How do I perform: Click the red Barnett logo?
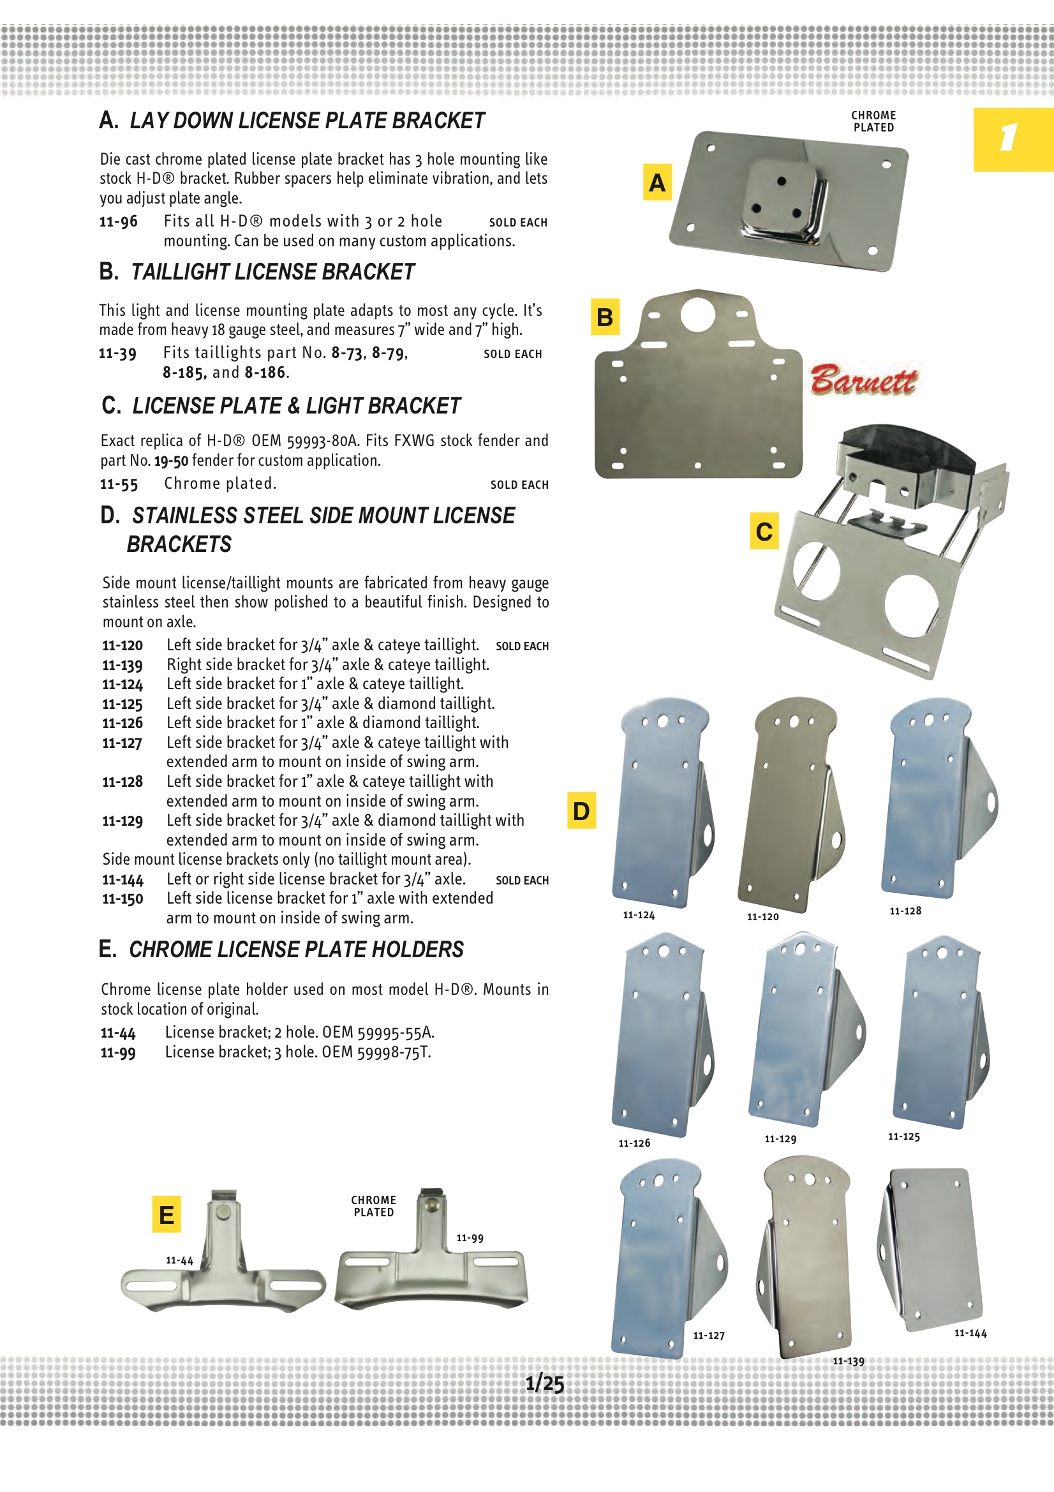pos(864,380)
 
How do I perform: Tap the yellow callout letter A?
pos(657,183)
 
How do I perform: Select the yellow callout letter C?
pos(764,532)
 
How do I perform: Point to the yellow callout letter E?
pos(167,1214)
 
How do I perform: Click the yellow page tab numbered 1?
pos(1013,139)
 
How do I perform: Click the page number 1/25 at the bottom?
pos(544,1383)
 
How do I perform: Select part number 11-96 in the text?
pos(118,221)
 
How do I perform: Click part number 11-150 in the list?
pos(122,899)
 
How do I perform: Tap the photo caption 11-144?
pos(970,1334)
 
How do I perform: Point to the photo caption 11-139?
pos(849,1361)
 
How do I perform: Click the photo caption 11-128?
pos(905,911)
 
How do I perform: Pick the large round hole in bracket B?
pos(698,314)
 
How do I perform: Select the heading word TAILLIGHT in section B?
pos(181,272)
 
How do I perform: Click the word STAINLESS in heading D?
pos(184,516)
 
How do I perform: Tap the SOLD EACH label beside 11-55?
pos(519,485)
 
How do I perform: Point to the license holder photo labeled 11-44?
pos(223,1260)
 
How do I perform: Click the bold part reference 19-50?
pos(171,461)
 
